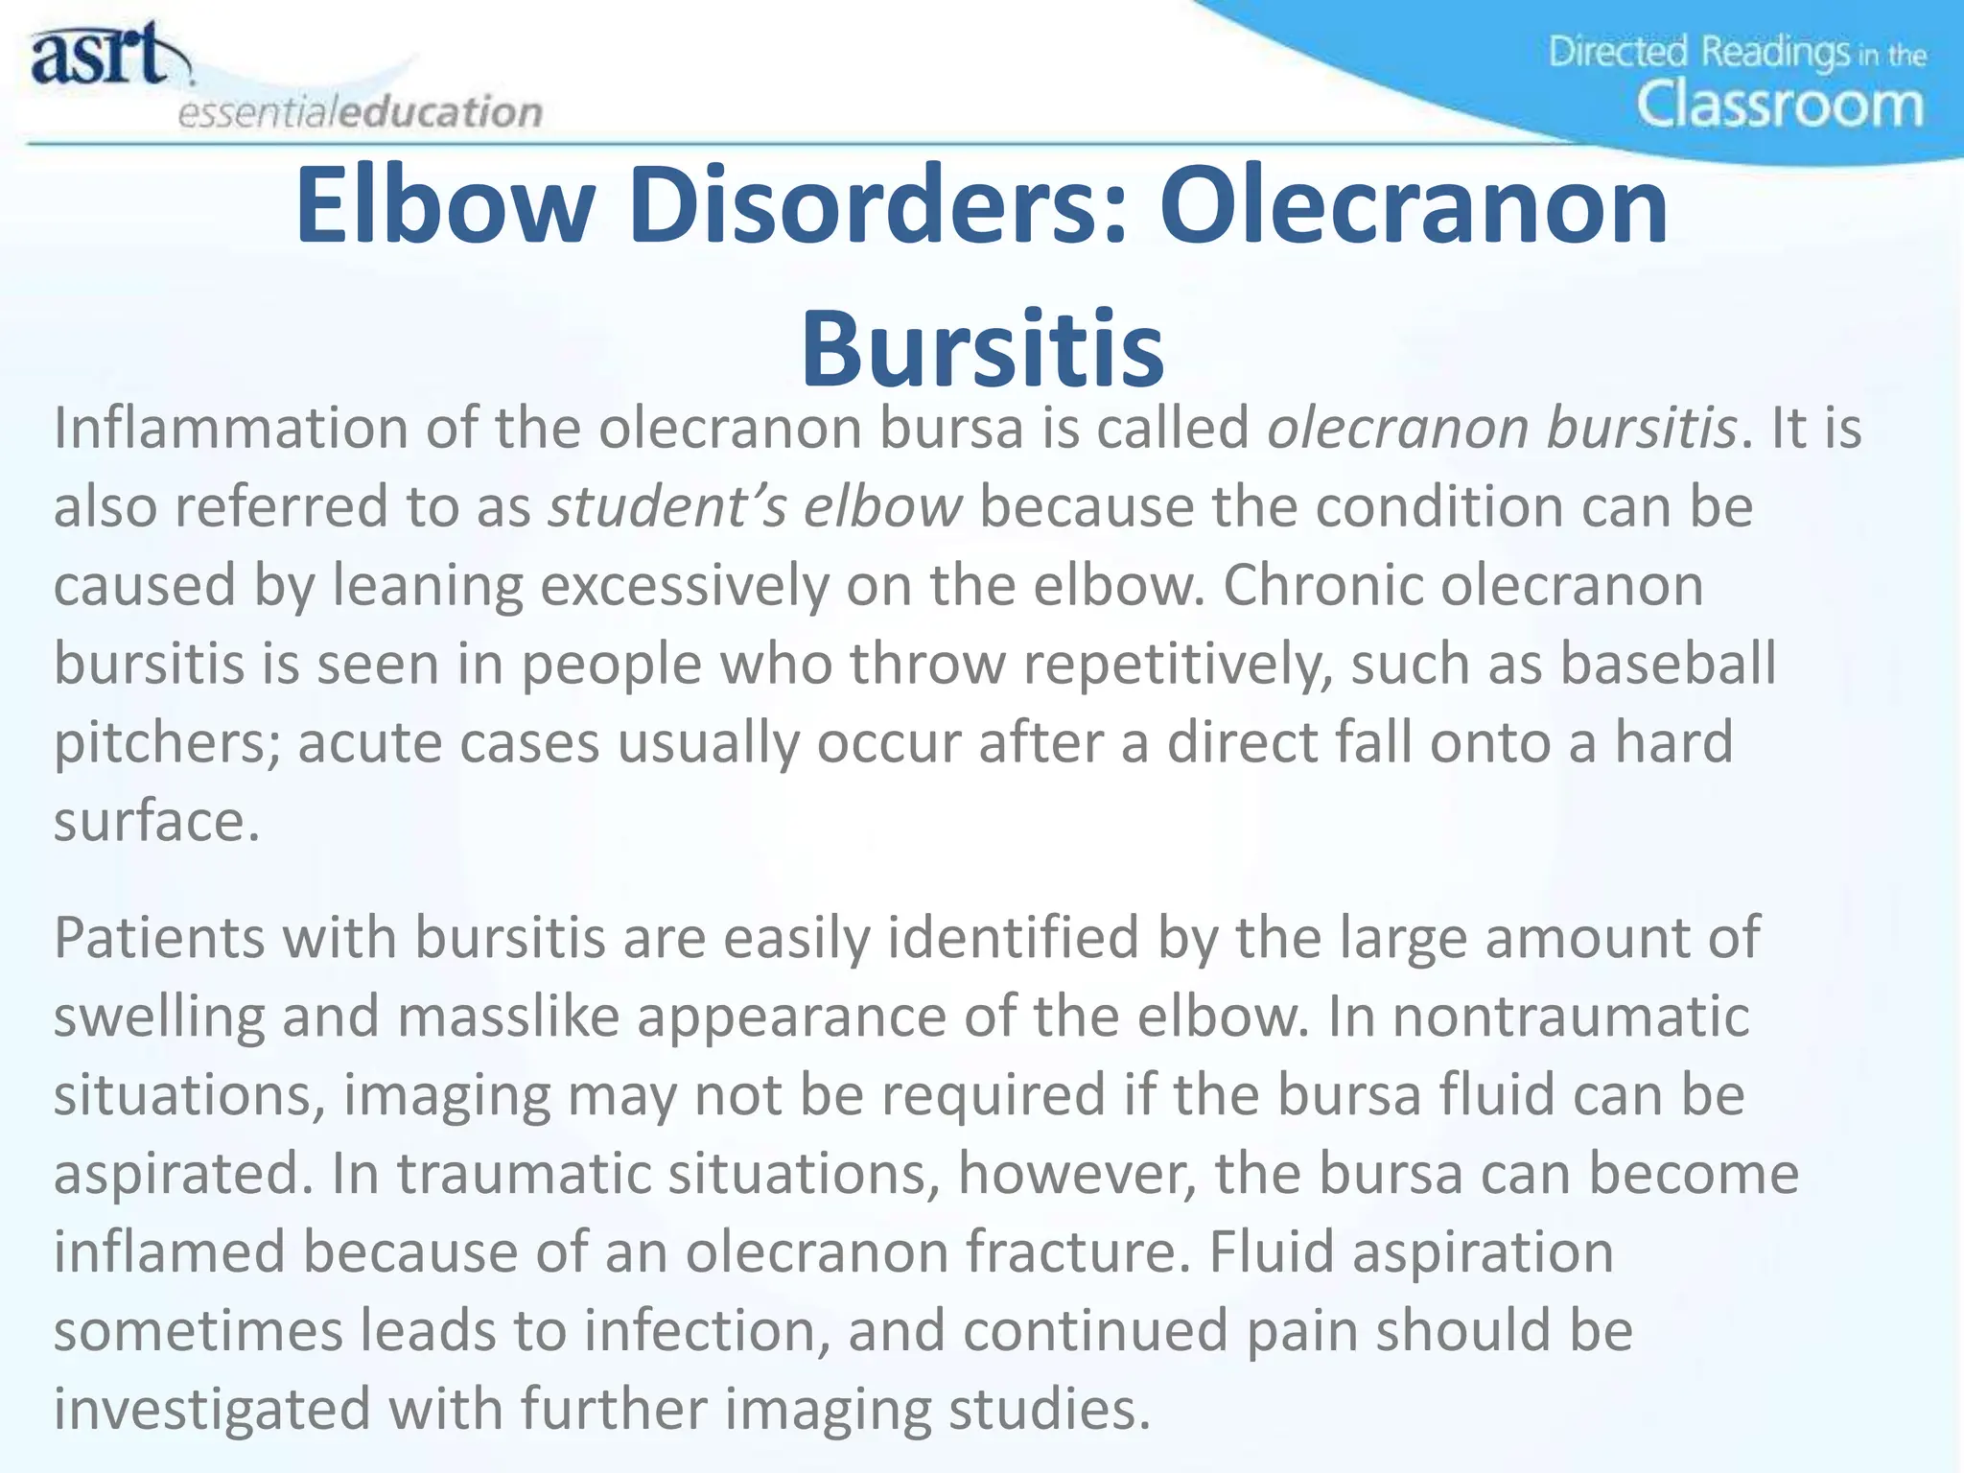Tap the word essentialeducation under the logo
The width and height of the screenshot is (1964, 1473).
pos(360,112)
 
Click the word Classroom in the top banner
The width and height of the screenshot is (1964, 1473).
pos(1780,105)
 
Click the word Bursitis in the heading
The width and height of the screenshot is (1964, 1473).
pos(982,348)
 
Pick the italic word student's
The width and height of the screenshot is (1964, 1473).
pos(666,506)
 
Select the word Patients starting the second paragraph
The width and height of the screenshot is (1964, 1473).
pos(158,937)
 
